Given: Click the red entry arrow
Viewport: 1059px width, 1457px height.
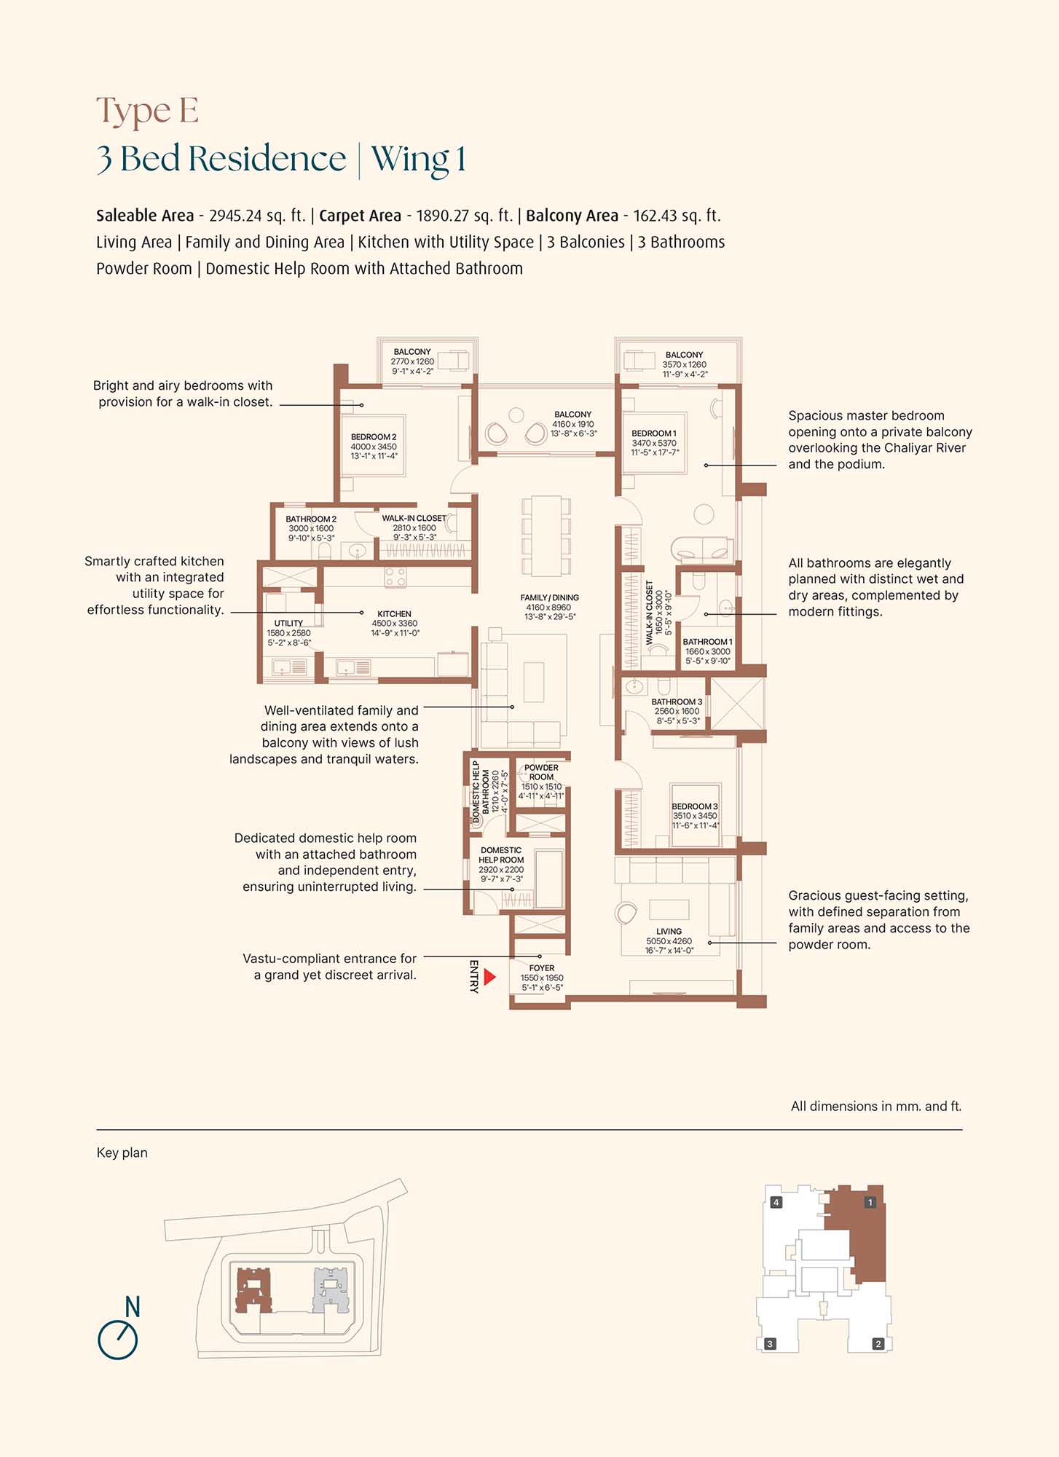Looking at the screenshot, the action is pyautogui.click(x=489, y=976).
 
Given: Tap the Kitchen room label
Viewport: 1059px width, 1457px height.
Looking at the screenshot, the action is pyautogui.click(x=394, y=614).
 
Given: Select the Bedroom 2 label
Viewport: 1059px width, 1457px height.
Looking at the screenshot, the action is pyautogui.click(x=374, y=437).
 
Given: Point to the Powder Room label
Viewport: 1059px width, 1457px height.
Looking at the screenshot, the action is pyautogui.click(x=541, y=772).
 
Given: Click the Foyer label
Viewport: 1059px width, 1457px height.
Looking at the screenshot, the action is pyautogui.click(x=542, y=968).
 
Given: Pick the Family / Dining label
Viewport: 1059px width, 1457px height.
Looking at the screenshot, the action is pyautogui.click(x=549, y=597).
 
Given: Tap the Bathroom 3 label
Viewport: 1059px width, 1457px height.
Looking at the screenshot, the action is pyautogui.click(x=677, y=702).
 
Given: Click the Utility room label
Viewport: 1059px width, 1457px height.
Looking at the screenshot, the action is pyautogui.click(x=288, y=623).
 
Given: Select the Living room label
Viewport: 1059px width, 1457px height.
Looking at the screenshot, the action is pyautogui.click(x=669, y=931).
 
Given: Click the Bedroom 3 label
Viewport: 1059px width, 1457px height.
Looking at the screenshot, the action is pyautogui.click(x=695, y=806).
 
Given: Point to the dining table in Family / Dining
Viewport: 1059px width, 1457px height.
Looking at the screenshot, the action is pyautogui.click(x=546, y=535).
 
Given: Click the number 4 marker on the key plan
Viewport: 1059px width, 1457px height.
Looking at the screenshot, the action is pyautogui.click(x=776, y=1202).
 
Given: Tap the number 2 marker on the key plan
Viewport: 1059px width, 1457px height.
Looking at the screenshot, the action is pyautogui.click(x=878, y=1344).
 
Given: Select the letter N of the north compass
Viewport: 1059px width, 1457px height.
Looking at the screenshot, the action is pyautogui.click(x=132, y=1307).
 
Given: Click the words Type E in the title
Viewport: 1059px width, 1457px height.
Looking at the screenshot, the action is pyautogui.click(x=147, y=111).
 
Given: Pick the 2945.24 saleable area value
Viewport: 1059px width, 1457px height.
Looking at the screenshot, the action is pyautogui.click(x=235, y=216).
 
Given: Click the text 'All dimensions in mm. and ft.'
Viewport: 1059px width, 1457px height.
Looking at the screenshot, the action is pyautogui.click(x=876, y=1106).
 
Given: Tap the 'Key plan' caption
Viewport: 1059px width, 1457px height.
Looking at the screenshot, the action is pyautogui.click(x=122, y=1153).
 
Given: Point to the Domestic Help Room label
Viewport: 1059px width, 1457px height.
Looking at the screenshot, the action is pyautogui.click(x=501, y=855).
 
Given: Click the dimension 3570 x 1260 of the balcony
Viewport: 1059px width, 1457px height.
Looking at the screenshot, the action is pyautogui.click(x=684, y=364).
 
